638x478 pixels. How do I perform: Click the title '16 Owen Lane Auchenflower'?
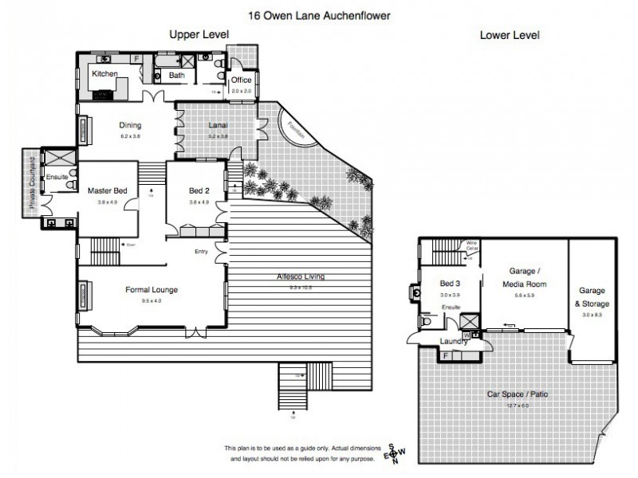pyautogui.click(x=318, y=14)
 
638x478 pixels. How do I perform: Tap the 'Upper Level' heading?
pyautogui.click(x=199, y=34)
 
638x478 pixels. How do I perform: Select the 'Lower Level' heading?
pyautogui.click(x=509, y=35)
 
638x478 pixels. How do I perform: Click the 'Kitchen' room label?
pyautogui.click(x=104, y=74)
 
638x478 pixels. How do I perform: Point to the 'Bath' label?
pyautogui.click(x=175, y=76)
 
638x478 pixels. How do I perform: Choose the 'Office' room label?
pyautogui.click(x=241, y=81)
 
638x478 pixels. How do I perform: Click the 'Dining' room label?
pyautogui.click(x=130, y=125)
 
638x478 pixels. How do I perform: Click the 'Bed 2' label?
pyautogui.click(x=199, y=191)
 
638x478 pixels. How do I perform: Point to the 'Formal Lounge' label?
pyautogui.click(x=152, y=290)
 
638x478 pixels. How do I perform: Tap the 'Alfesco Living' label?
pyautogui.click(x=296, y=276)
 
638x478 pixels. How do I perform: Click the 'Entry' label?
pyautogui.click(x=202, y=252)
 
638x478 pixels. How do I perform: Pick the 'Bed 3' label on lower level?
pyautogui.click(x=451, y=284)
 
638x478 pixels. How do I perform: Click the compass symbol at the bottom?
pyautogui.click(x=392, y=455)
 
